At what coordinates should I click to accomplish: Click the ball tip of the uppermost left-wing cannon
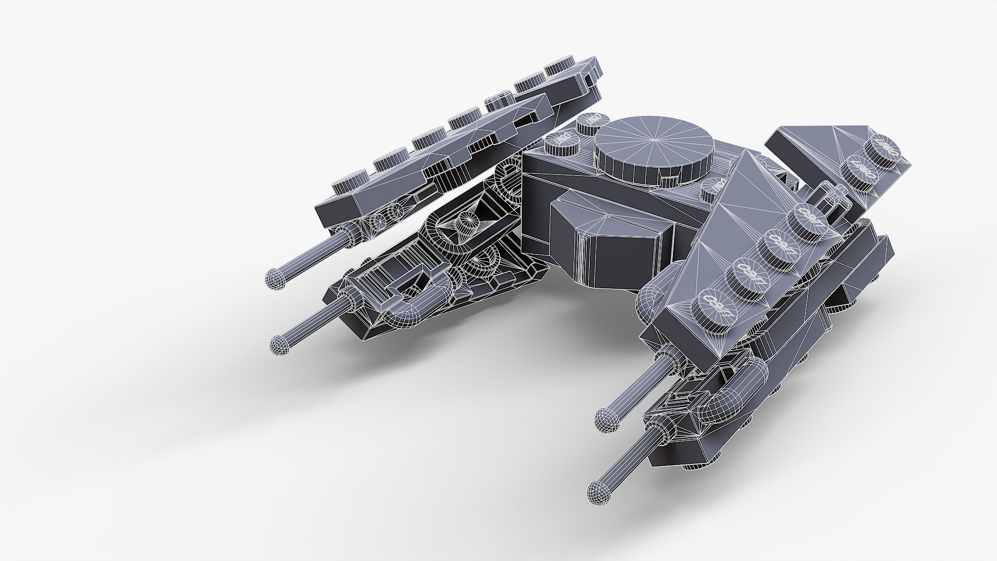point(275,279)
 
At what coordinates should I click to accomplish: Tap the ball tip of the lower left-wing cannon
point(281,344)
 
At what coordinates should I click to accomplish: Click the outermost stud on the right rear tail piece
point(884,147)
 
